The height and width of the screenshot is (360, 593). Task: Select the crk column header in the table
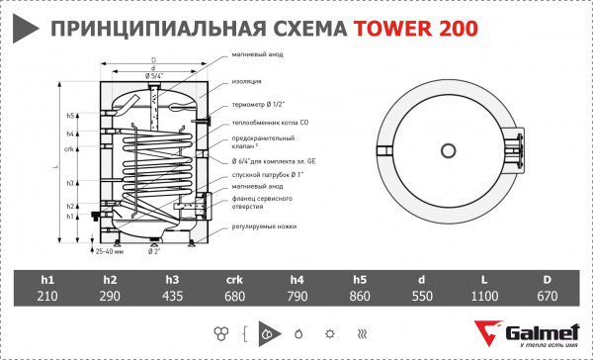(x=224, y=278)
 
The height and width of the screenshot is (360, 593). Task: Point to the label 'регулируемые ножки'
(x=260, y=225)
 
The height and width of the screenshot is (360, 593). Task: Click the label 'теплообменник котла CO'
(x=266, y=123)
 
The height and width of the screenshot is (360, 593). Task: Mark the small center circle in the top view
(x=448, y=150)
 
